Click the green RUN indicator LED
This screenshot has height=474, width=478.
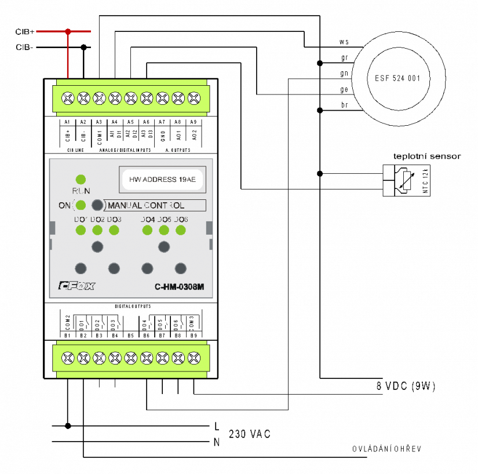tap(81, 179)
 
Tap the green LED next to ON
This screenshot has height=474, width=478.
tap(81, 205)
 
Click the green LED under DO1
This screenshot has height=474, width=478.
tap(81, 230)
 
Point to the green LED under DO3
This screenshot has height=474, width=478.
tap(114, 230)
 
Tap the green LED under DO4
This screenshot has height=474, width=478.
tap(148, 230)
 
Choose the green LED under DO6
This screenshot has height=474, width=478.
tap(181, 230)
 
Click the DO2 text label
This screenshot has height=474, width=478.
tap(97, 220)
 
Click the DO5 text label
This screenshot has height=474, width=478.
tap(165, 220)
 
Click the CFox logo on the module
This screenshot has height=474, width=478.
tap(76, 286)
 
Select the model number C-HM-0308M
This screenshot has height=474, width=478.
tap(179, 286)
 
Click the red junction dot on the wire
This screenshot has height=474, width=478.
tap(68, 31)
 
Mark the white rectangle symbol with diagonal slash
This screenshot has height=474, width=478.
tap(407, 181)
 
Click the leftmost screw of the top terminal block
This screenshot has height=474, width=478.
tap(68, 99)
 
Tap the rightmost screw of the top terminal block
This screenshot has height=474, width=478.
tap(194, 99)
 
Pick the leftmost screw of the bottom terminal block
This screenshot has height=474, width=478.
tap(68, 358)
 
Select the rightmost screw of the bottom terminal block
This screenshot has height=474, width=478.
tap(194, 358)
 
